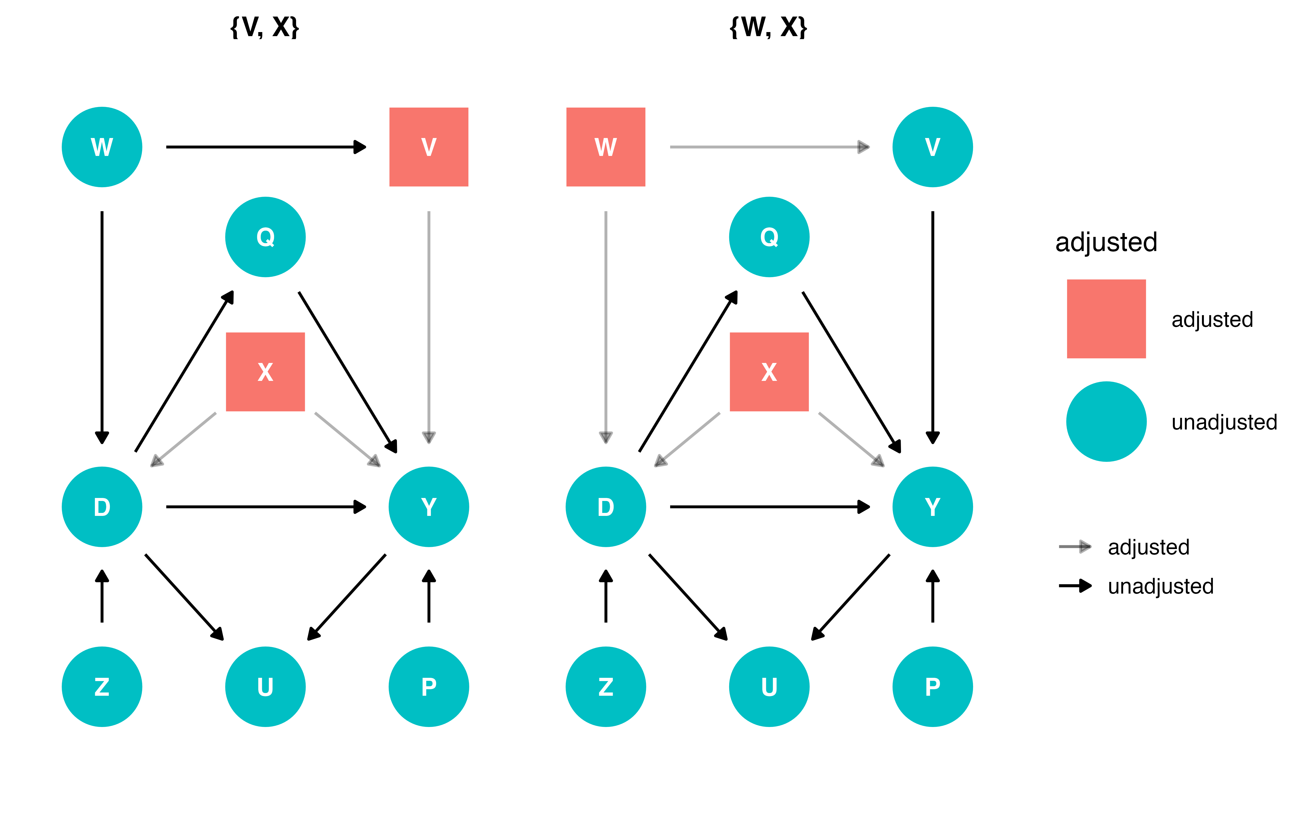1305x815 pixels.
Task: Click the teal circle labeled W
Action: point(102,147)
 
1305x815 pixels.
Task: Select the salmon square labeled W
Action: point(605,147)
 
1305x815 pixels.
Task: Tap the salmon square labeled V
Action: point(429,147)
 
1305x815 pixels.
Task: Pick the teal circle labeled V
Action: point(932,147)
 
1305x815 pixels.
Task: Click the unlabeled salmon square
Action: point(1106,319)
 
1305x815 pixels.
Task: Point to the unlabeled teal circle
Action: point(1106,422)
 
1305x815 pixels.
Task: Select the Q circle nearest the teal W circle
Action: point(265,237)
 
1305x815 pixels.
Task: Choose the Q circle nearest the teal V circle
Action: point(769,237)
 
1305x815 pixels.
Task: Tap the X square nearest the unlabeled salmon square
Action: point(769,372)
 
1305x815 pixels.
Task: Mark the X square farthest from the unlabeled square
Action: point(265,372)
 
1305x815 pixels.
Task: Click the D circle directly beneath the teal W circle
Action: point(102,507)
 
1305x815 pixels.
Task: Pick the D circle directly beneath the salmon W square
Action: point(605,507)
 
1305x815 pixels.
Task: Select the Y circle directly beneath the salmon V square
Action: point(429,507)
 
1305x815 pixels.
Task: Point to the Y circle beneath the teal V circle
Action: point(932,507)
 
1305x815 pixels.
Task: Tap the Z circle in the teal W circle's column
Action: point(102,687)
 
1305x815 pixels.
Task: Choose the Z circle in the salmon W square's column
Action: point(605,687)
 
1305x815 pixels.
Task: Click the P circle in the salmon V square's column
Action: point(429,687)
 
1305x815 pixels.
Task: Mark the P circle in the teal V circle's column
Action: point(932,687)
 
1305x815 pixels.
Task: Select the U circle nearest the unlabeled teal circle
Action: point(769,687)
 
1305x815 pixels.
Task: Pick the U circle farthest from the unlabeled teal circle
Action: point(265,687)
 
